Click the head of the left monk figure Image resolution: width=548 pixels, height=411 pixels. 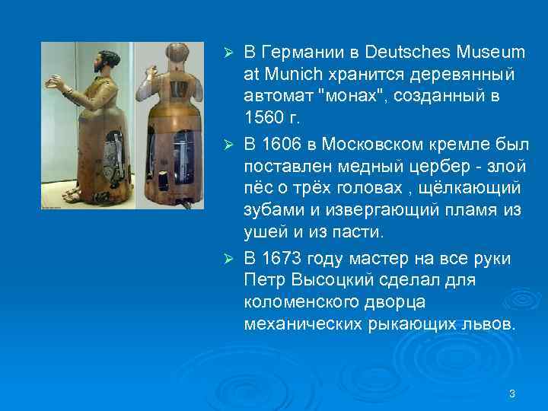click(x=104, y=64)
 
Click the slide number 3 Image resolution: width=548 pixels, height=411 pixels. click(x=512, y=393)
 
